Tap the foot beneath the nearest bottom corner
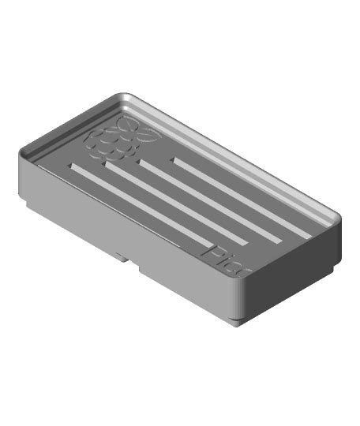coord(238,319)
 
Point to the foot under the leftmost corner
coord(27,206)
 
